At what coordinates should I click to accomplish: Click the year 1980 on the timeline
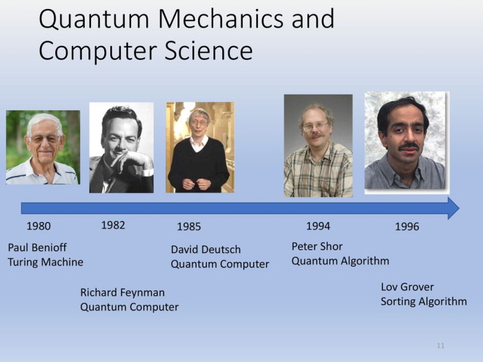[x=39, y=226]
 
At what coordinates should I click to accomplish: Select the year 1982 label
[x=113, y=225]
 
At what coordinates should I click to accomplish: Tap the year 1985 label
[x=189, y=227]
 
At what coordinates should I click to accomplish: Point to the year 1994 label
[x=318, y=226]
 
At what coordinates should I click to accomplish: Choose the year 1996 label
[x=407, y=227]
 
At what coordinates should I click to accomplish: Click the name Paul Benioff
[x=37, y=247]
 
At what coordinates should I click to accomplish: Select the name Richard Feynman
[x=122, y=292]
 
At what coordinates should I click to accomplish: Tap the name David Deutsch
[x=206, y=250]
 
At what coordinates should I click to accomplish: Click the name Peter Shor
[x=317, y=246]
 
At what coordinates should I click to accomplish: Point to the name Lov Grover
[x=407, y=287]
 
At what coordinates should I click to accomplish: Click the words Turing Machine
[x=46, y=262]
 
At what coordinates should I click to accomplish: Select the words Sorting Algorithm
[x=424, y=301]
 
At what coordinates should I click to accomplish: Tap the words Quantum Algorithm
[x=340, y=261]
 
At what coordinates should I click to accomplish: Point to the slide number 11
[x=440, y=345]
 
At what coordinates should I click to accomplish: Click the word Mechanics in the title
[x=220, y=19]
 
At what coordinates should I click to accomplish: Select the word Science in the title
[x=208, y=51]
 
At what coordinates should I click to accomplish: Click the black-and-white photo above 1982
[x=121, y=148]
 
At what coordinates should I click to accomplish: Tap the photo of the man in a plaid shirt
[x=318, y=145]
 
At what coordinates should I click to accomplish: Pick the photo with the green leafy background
[x=43, y=148]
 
